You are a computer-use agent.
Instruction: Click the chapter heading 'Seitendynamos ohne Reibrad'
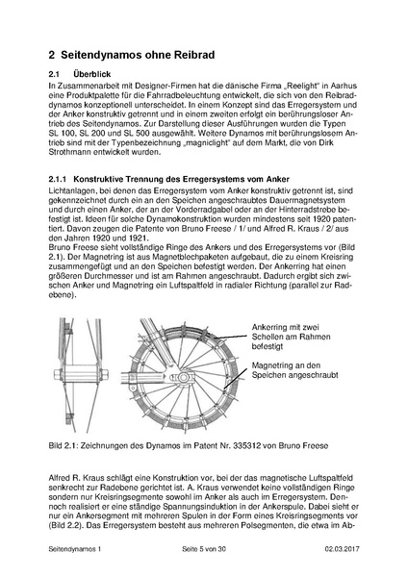click(x=138, y=53)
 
